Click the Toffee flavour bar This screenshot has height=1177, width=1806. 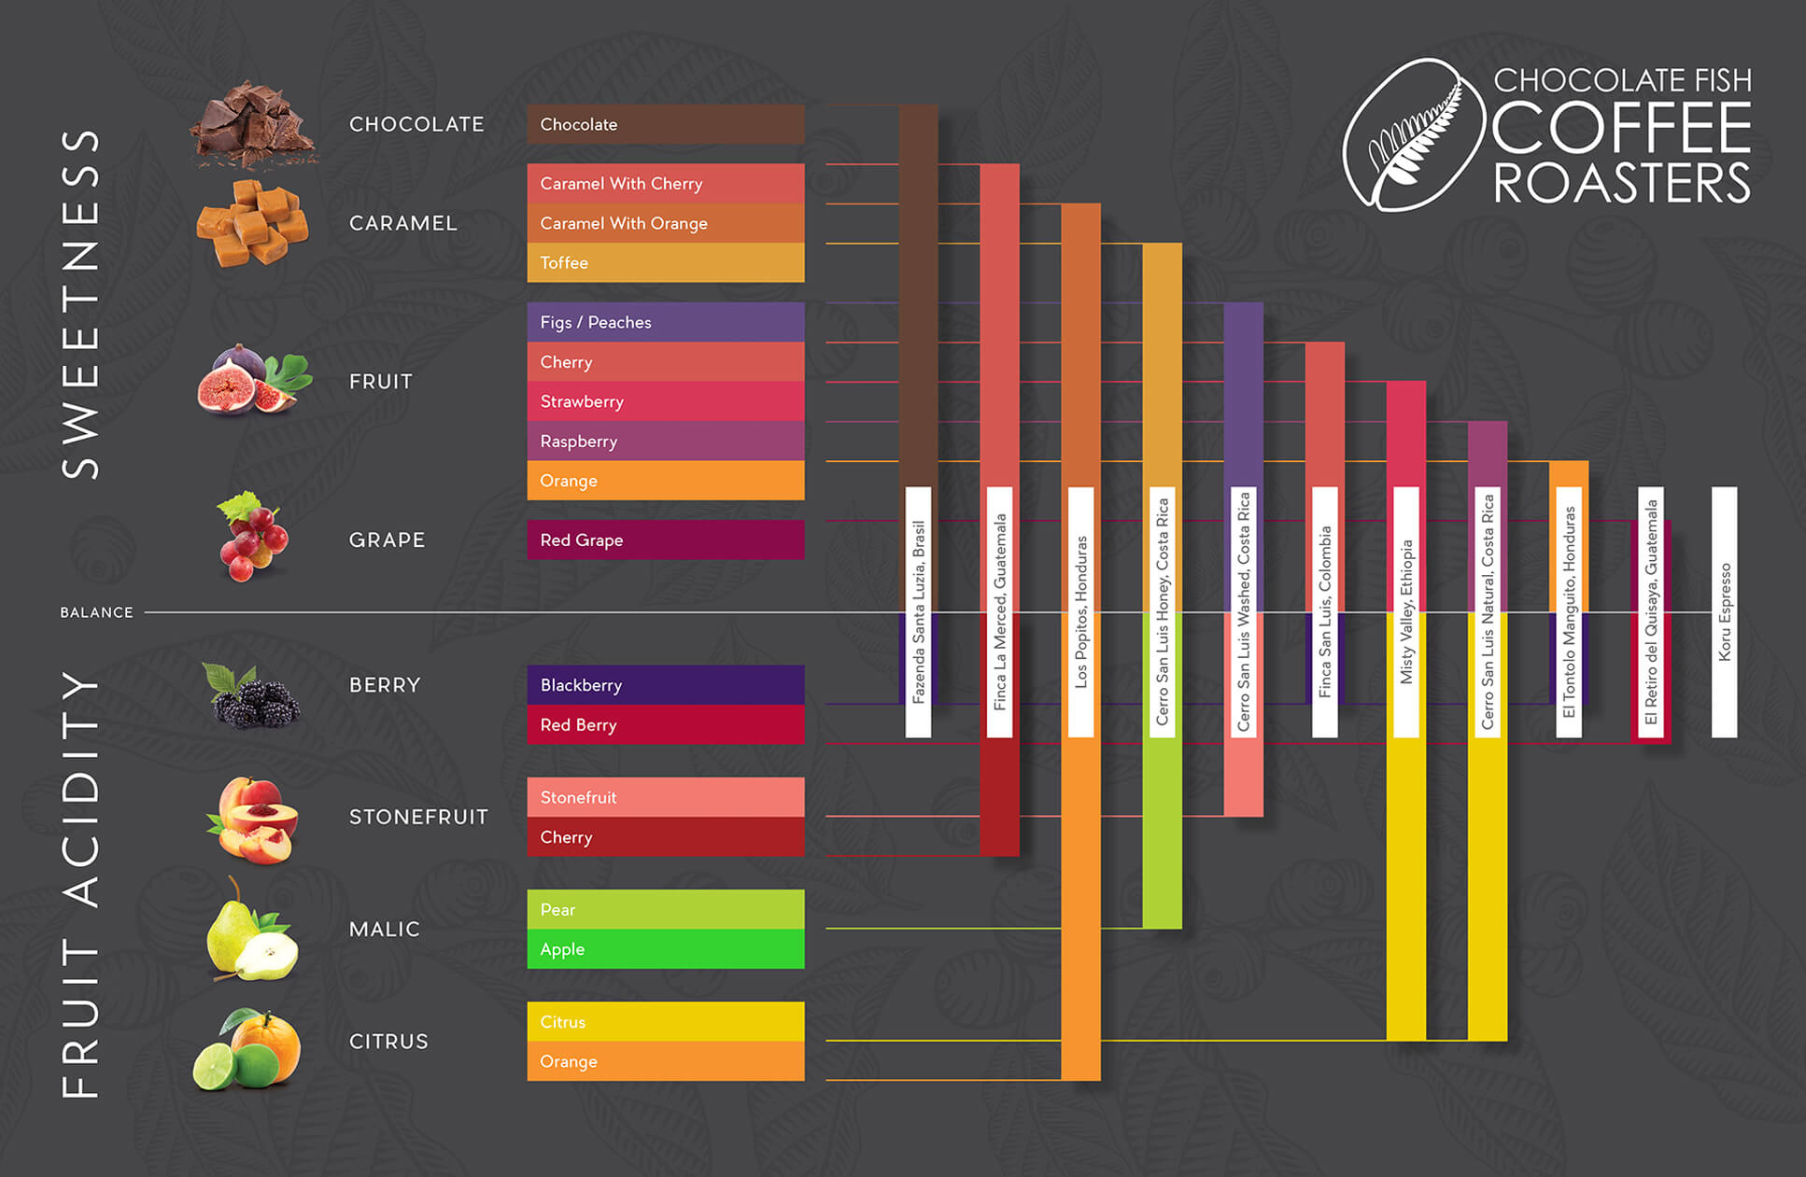coord(665,262)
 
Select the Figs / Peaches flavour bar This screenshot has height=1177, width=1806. coord(665,322)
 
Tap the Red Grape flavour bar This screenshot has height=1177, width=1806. coord(665,539)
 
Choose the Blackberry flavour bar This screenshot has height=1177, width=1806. coord(665,684)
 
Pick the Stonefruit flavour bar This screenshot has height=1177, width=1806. coord(665,797)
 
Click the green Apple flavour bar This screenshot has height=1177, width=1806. coord(665,948)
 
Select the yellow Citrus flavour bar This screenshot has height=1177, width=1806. coord(665,1021)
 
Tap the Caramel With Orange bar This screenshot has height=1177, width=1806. coord(665,223)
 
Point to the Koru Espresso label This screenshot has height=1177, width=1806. coord(1724,611)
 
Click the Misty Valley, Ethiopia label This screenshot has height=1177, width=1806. coord(1406,611)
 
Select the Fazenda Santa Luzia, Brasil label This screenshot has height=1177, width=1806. coord(918,611)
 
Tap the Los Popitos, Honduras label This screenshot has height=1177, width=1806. coord(1080,611)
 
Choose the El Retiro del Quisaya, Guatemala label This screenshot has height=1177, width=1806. coord(1651,611)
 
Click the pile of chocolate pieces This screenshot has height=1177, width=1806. coord(251,124)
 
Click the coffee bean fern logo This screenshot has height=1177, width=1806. coord(1412,135)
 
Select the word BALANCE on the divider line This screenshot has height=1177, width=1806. coord(96,612)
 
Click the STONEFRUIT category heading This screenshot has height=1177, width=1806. coord(418,817)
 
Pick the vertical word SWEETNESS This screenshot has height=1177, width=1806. coord(80,303)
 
